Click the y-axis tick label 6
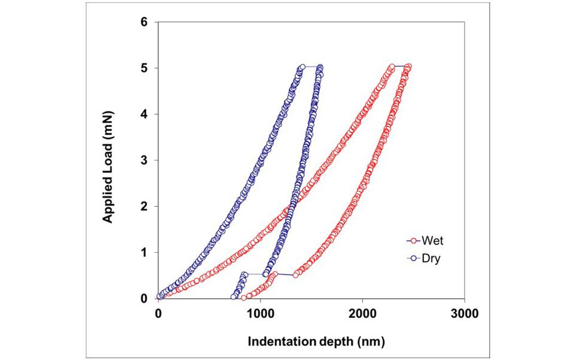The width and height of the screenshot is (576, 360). (144, 22)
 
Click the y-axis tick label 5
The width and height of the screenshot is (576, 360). (144, 68)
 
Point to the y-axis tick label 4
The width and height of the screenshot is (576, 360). (144, 114)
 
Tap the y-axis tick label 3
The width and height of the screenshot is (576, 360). (144, 160)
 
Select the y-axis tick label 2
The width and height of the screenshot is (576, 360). (144, 206)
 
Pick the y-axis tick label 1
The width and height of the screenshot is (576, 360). (144, 252)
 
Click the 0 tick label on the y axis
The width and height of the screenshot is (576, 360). (144, 298)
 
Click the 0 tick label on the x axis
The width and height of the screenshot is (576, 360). (158, 312)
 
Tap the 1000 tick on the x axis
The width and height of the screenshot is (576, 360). (260, 312)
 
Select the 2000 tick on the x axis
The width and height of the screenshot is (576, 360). (362, 312)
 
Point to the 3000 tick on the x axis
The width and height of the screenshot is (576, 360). (464, 312)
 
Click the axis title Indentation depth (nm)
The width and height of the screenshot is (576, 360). (311, 341)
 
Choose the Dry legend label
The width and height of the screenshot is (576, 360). (431, 260)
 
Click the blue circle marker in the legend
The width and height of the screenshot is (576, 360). (413, 260)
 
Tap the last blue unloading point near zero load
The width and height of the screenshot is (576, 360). (234, 297)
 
